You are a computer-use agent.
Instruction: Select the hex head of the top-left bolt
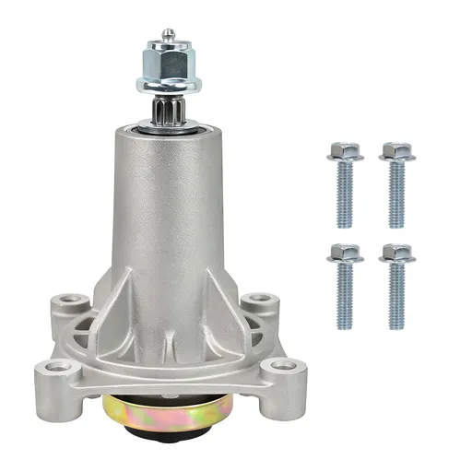pos(345,151)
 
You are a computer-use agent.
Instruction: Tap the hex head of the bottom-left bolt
pos(345,253)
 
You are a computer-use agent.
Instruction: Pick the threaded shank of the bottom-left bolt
pos(345,297)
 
